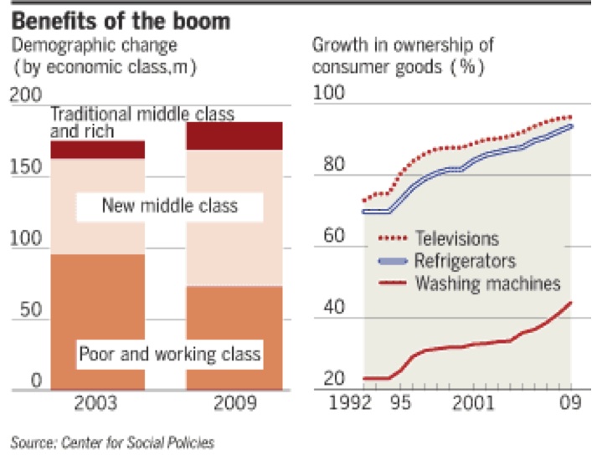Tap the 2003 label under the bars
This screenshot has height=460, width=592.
pos(96,406)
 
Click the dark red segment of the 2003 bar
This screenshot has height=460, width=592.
pos(98,150)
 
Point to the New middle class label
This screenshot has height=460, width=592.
pos(169,206)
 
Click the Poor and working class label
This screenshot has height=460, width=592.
pos(170,354)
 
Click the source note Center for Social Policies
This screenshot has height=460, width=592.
pos(113,442)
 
